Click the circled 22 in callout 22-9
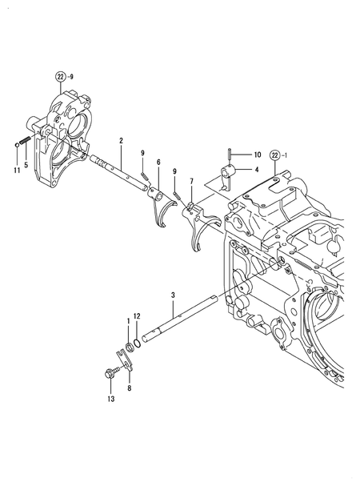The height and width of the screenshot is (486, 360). coord(59,77)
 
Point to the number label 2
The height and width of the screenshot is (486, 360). coord(120,141)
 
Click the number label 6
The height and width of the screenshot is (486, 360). coord(158,163)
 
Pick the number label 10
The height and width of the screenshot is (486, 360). coord(258,155)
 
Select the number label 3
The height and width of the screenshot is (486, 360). coord(173,296)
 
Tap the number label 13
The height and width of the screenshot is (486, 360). coord(110,398)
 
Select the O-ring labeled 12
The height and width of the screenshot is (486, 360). coord(138,343)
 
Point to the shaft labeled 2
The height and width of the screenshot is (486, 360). coord(120,172)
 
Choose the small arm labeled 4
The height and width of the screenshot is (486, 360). coord(226,173)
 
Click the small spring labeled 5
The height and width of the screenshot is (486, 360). coord(25,141)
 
